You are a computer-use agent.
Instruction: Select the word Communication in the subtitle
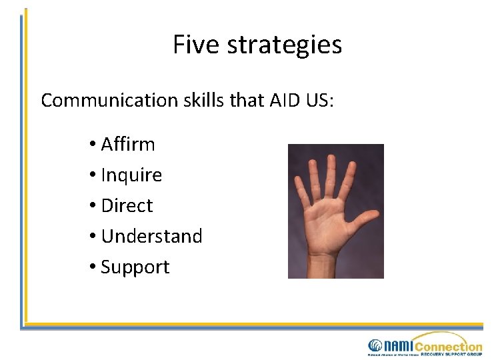107,101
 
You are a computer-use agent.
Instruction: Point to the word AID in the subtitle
285,100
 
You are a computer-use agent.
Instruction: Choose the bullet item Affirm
127,144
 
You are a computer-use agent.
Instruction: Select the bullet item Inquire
131,175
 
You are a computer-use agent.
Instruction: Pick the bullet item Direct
127,205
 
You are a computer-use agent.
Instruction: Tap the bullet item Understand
151,236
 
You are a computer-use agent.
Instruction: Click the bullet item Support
135,267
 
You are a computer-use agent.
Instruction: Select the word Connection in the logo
449,345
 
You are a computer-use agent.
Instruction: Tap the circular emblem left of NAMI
375,346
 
